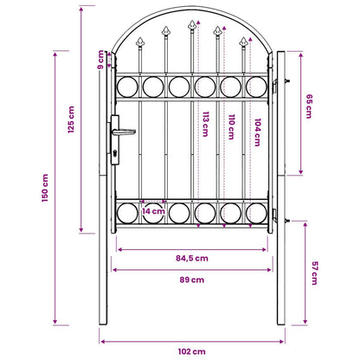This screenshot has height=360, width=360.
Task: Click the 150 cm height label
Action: pos(45,188)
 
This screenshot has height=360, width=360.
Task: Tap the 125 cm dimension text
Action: pos(71,119)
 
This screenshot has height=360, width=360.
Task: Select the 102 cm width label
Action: pos(192,351)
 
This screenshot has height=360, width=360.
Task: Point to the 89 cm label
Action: pos(192,280)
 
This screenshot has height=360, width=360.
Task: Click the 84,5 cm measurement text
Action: pos(192,258)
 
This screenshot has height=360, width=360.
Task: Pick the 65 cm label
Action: pos(309,106)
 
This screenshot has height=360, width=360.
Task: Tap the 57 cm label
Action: pos(315,273)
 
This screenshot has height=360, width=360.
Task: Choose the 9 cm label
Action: pos(100,60)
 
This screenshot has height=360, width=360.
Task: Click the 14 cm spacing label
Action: pos(153,211)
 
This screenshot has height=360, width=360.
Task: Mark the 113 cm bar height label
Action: pos(205,125)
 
